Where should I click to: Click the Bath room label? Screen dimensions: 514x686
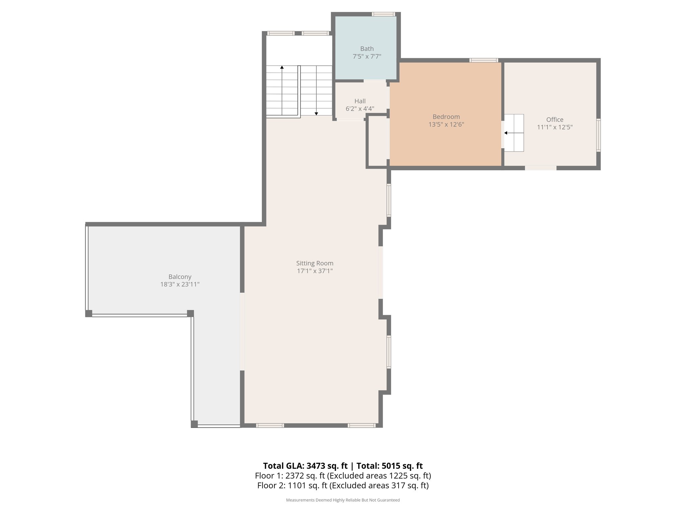tap(367, 49)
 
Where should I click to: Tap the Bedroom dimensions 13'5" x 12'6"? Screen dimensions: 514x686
tap(446, 124)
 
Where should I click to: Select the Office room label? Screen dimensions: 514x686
tap(555, 119)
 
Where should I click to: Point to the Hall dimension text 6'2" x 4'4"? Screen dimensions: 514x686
tap(360, 109)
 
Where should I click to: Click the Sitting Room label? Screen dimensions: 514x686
tap(315, 263)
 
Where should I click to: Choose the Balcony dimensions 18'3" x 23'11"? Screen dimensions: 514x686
tap(180, 284)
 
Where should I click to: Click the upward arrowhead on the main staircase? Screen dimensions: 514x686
tap(282, 68)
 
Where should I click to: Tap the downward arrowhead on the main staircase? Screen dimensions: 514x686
tap(316, 114)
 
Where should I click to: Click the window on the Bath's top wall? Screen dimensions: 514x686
tap(383, 14)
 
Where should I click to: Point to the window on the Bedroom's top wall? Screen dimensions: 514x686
tap(483, 60)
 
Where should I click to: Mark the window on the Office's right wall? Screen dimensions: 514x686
tap(598, 135)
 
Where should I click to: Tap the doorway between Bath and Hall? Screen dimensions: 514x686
tap(375, 81)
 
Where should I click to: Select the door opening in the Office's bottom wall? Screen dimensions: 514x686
tap(541, 168)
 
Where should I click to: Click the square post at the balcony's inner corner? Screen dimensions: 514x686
tap(190, 313)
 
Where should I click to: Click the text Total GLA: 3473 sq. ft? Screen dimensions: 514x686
tap(305, 466)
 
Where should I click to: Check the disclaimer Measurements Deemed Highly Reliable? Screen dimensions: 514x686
tap(343, 500)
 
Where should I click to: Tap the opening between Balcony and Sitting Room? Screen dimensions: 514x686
tap(242, 331)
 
